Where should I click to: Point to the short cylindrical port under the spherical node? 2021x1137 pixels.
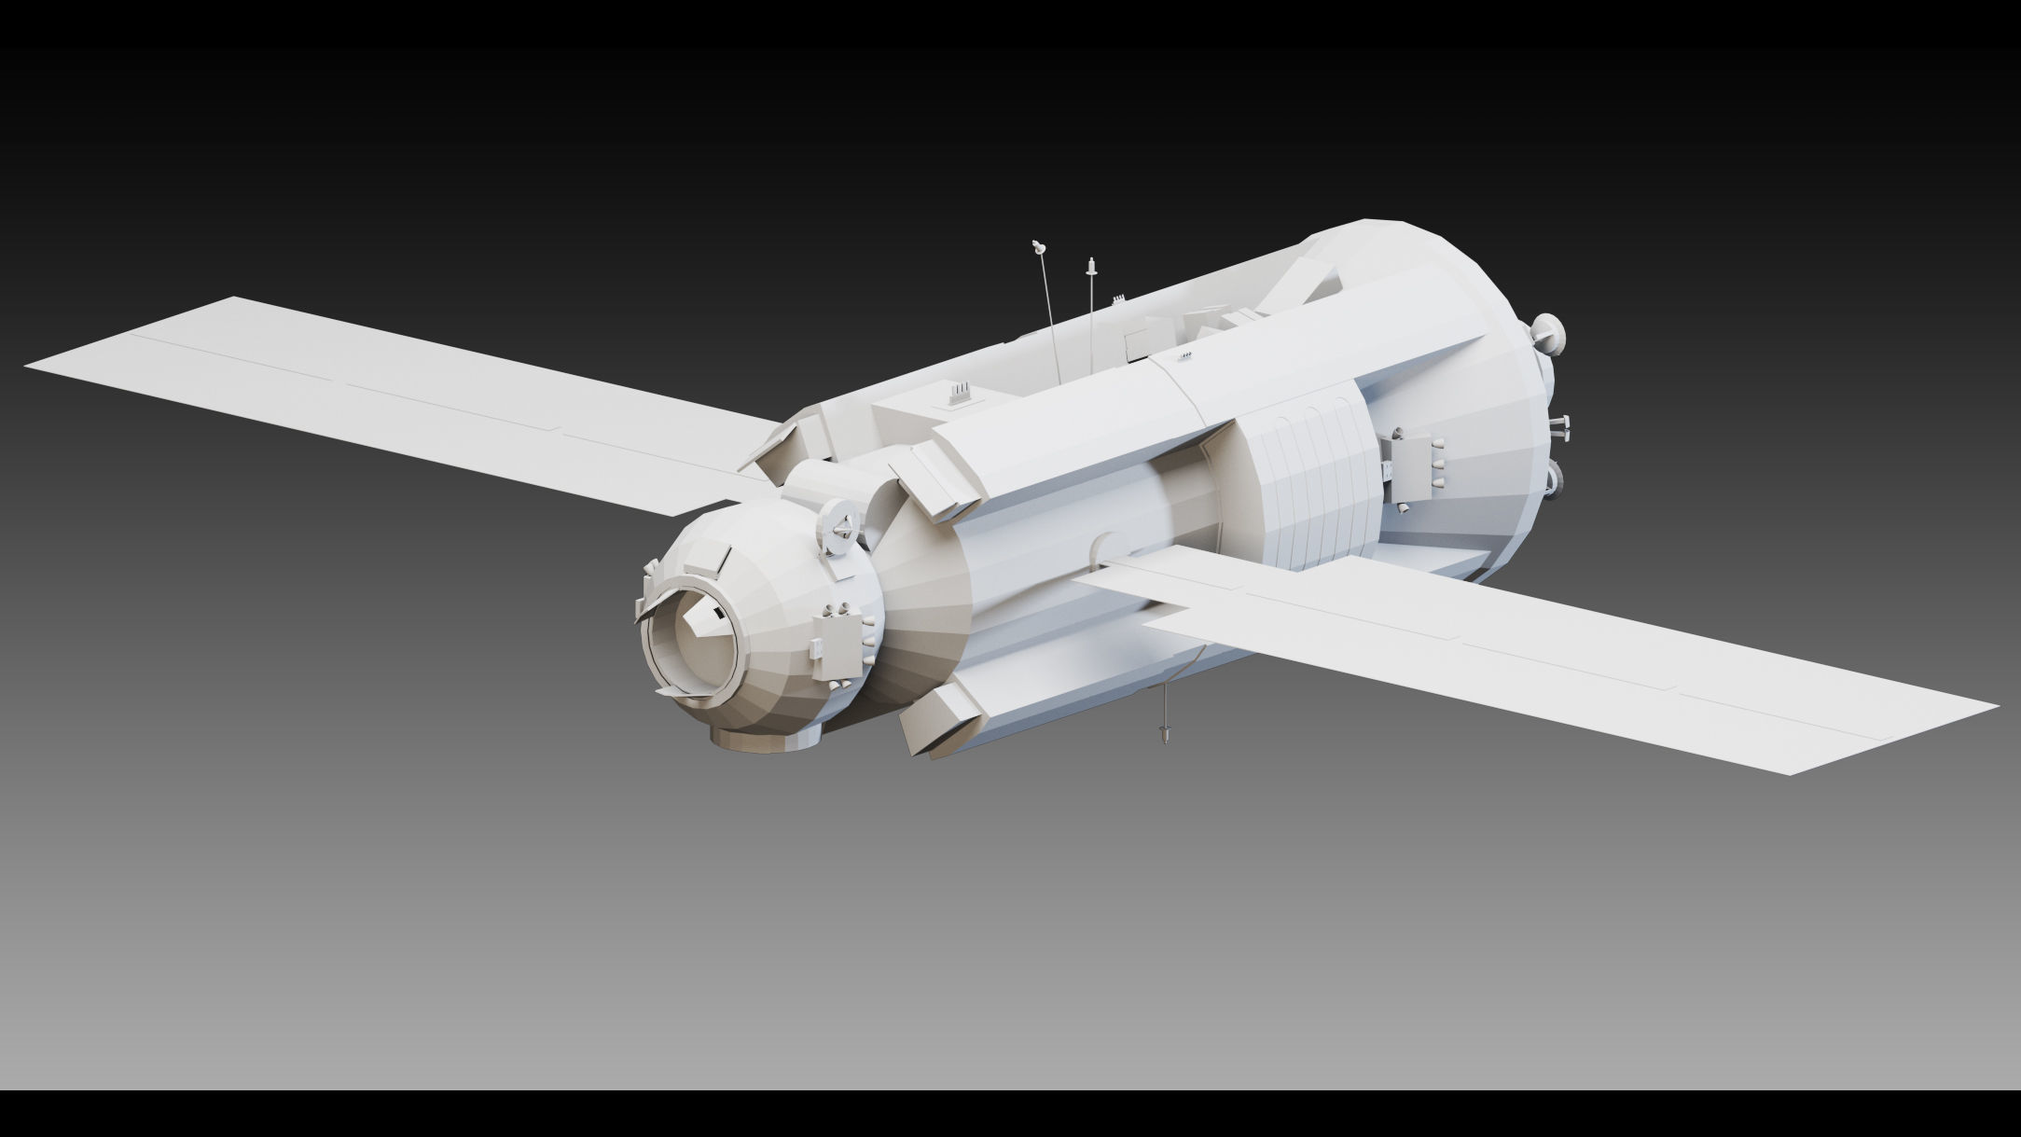(767, 738)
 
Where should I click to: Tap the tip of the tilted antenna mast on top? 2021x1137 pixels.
(1038, 247)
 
